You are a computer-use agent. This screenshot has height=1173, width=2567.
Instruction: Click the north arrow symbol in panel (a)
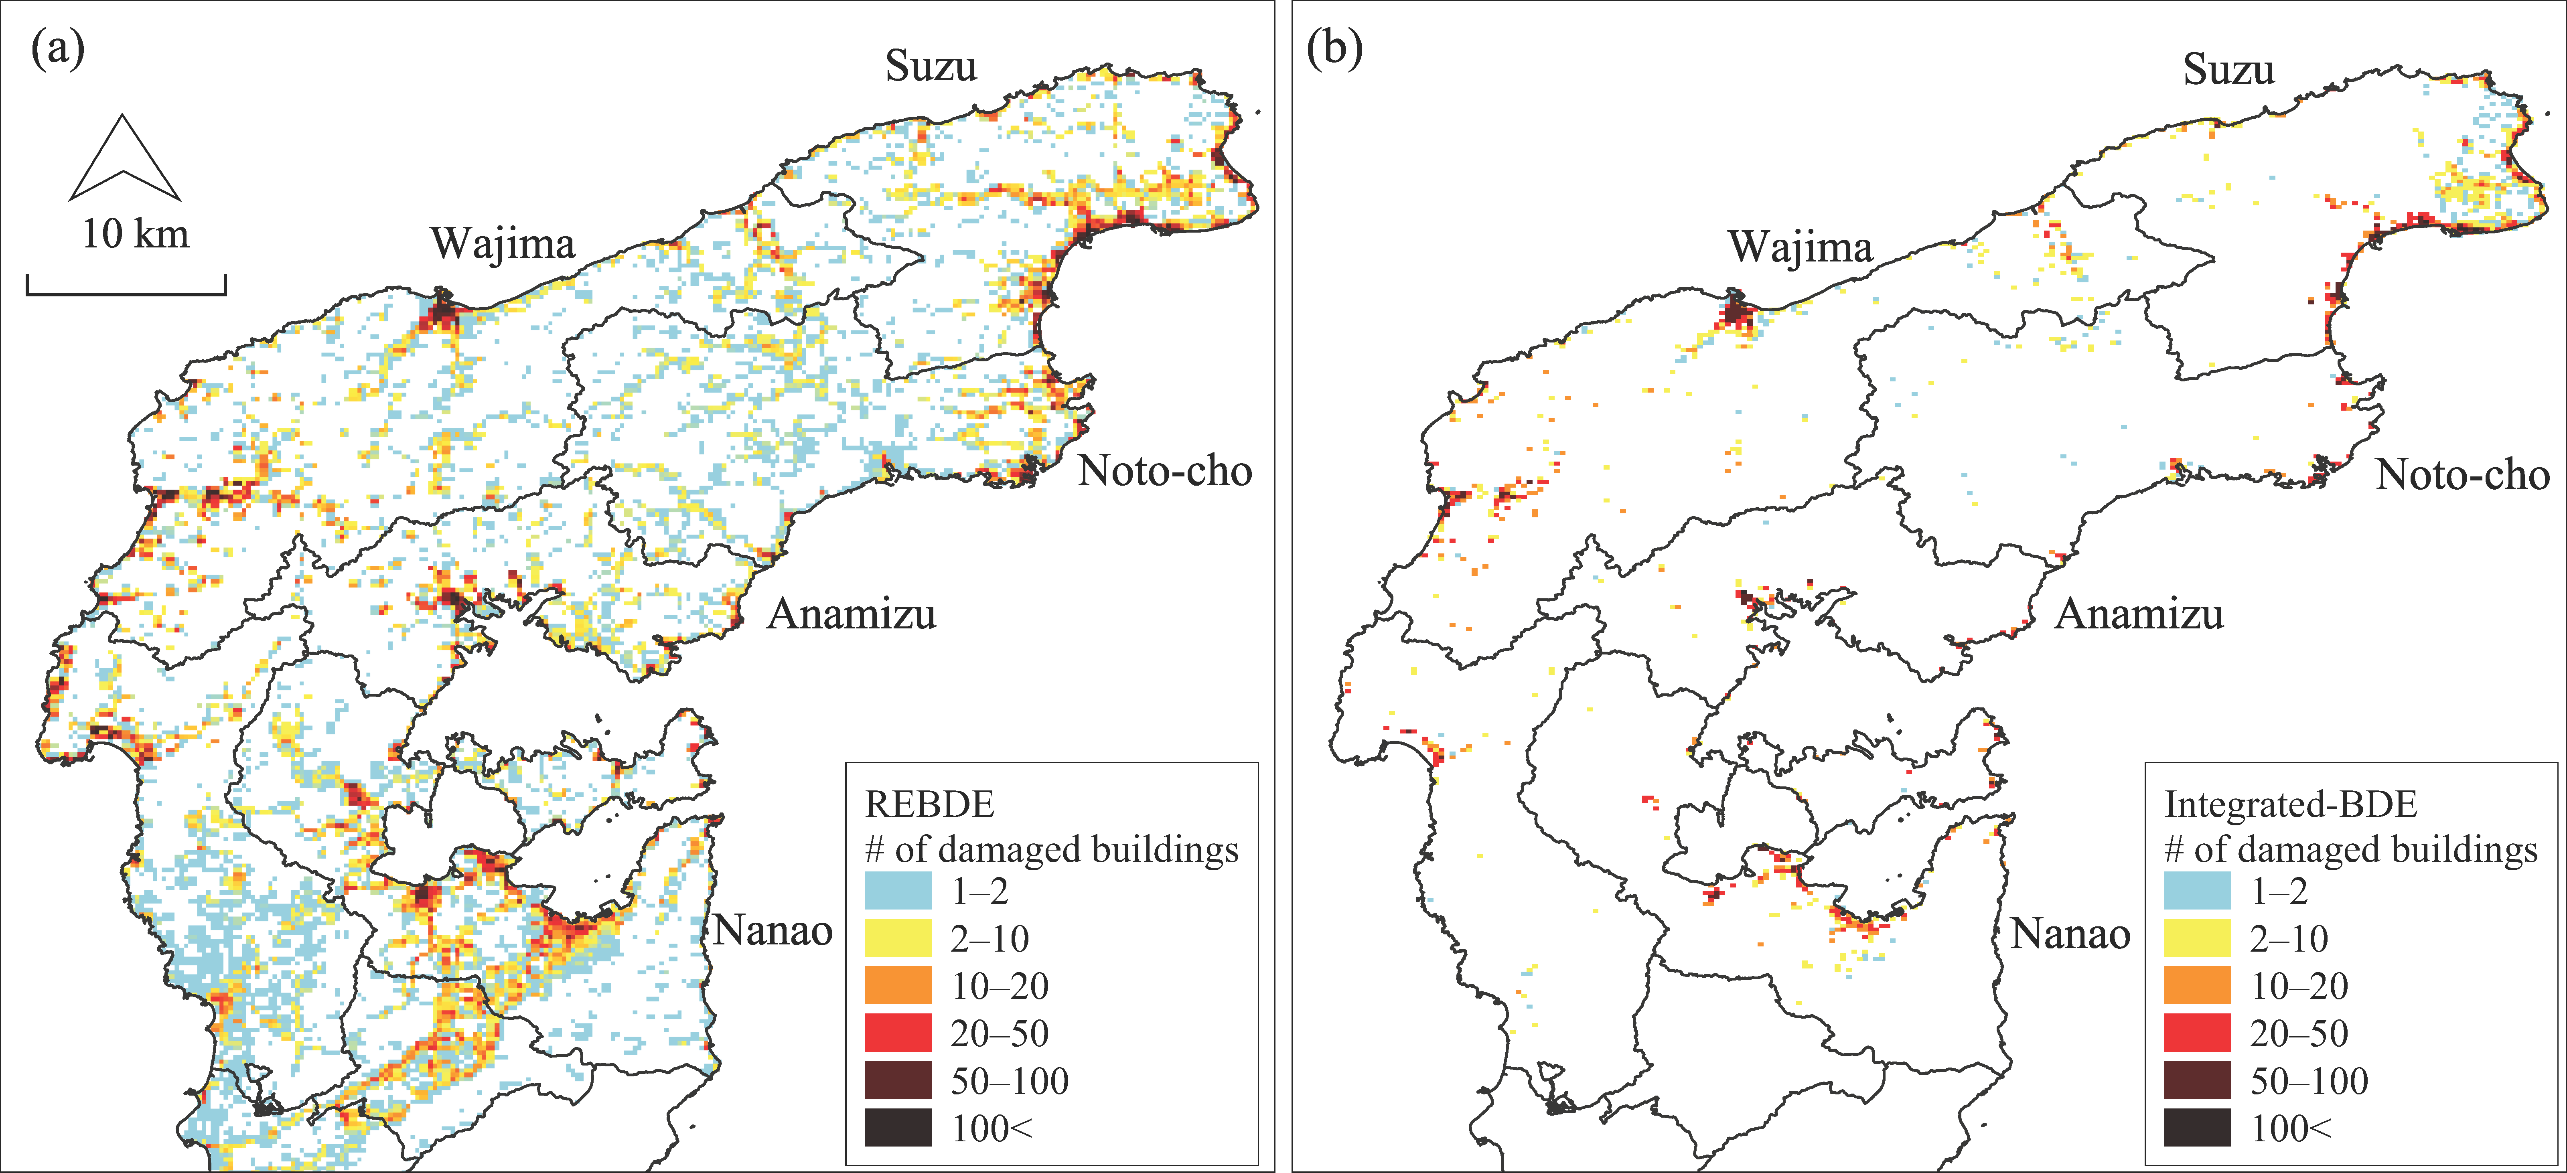click(124, 160)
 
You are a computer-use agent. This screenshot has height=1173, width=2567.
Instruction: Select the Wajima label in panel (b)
click(1800, 247)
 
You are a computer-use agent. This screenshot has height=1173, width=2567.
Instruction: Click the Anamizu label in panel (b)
click(2139, 614)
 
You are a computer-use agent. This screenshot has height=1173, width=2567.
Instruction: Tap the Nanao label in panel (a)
click(772, 931)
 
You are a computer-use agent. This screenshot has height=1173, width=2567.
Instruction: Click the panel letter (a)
click(58, 48)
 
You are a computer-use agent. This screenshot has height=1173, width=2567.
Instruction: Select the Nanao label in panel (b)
click(2070, 934)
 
